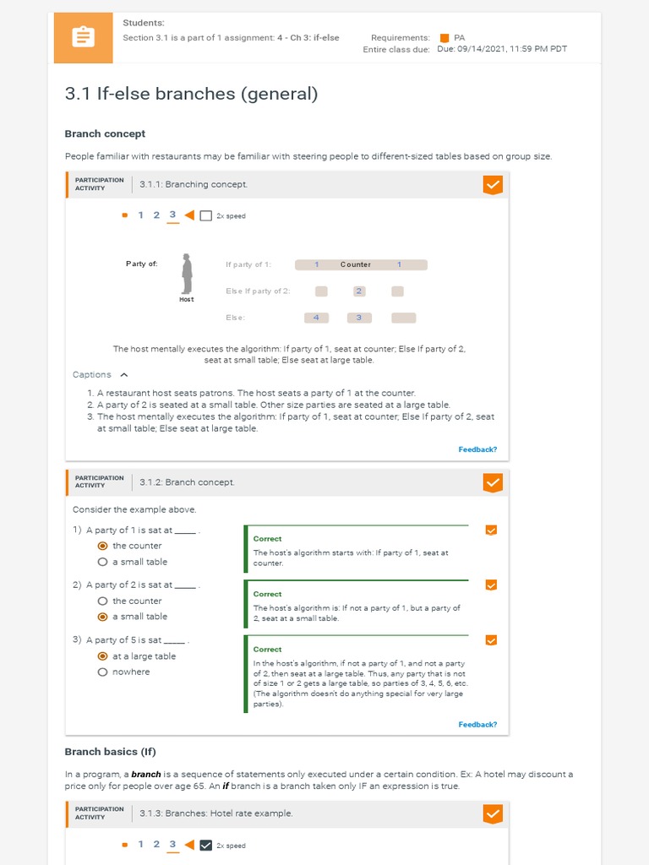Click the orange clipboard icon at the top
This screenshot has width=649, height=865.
83,38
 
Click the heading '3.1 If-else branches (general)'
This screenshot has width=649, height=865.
191,94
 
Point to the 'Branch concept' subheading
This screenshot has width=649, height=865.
105,133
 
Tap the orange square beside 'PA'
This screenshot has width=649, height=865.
444,38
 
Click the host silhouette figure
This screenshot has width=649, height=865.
187,274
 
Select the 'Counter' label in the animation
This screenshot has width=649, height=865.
356,264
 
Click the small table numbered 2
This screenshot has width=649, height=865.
359,291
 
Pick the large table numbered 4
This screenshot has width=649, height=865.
316,318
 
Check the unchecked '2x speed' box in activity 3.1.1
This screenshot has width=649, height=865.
205,216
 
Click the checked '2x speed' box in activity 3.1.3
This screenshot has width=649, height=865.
205,845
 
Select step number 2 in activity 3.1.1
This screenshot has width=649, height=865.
156,215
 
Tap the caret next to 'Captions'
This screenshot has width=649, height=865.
124,375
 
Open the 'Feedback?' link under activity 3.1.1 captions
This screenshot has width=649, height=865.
477,449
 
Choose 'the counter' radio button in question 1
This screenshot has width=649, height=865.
103,546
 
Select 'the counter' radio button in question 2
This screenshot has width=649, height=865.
103,601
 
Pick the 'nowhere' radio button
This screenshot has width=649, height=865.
103,672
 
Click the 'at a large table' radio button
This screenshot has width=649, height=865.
103,656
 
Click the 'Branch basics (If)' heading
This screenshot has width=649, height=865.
110,752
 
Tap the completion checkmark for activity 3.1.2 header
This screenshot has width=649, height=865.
492,482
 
